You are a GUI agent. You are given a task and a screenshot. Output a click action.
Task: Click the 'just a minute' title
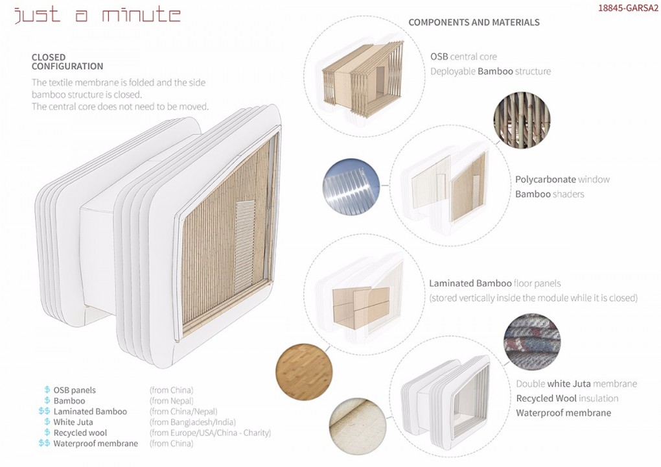(98, 14)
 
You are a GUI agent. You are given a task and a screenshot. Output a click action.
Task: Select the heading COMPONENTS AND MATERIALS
(474, 22)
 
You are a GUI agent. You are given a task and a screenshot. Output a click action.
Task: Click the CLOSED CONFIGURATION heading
(67, 62)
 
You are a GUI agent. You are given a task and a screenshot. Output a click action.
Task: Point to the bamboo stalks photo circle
(522, 121)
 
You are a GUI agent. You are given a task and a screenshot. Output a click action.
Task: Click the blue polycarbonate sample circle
(351, 187)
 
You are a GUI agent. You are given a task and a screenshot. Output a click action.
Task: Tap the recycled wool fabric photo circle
(532, 341)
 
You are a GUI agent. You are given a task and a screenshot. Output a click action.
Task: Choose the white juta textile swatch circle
(358, 427)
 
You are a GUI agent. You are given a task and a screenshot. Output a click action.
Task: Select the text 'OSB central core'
(463, 56)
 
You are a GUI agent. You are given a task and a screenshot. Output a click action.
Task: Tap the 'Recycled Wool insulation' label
(568, 398)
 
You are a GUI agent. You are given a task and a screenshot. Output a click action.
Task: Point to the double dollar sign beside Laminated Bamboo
(44, 411)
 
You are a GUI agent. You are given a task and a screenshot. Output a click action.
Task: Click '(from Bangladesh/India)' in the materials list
(192, 422)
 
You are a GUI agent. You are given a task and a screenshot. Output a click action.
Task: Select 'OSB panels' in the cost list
(75, 390)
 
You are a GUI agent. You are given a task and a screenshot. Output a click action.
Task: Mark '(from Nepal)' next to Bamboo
(171, 401)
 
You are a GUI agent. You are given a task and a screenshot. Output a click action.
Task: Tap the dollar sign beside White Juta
(47, 422)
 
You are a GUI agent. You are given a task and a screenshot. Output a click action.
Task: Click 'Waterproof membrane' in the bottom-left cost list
(96, 444)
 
